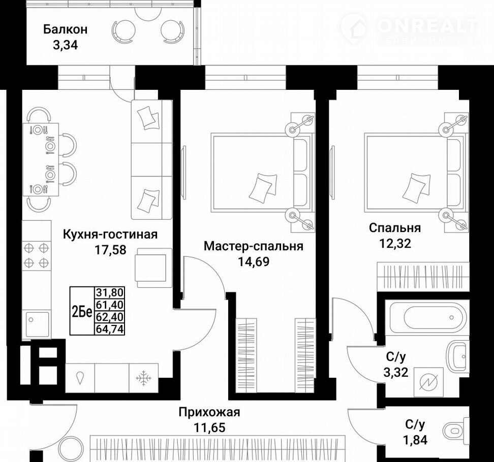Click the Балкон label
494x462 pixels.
pyautogui.click(x=65, y=29)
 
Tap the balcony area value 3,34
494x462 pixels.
pyautogui.click(x=65, y=45)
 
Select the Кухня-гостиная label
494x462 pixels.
pyautogui.click(x=110, y=235)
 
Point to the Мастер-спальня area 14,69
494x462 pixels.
pyautogui.click(x=254, y=261)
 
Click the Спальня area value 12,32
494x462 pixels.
pyautogui.click(x=395, y=243)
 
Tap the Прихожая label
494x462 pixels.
pyautogui.click(x=209, y=412)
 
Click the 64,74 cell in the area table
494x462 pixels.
pyautogui.click(x=110, y=329)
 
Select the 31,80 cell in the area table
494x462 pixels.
pyautogui.click(x=110, y=292)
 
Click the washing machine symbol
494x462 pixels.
pyautogui.click(x=428, y=382)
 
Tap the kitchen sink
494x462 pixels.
pyautogui.click(x=37, y=325)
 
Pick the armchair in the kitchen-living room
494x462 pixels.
pyautogui.click(x=154, y=268)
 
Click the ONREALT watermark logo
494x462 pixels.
pyautogui.click(x=410, y=29)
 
